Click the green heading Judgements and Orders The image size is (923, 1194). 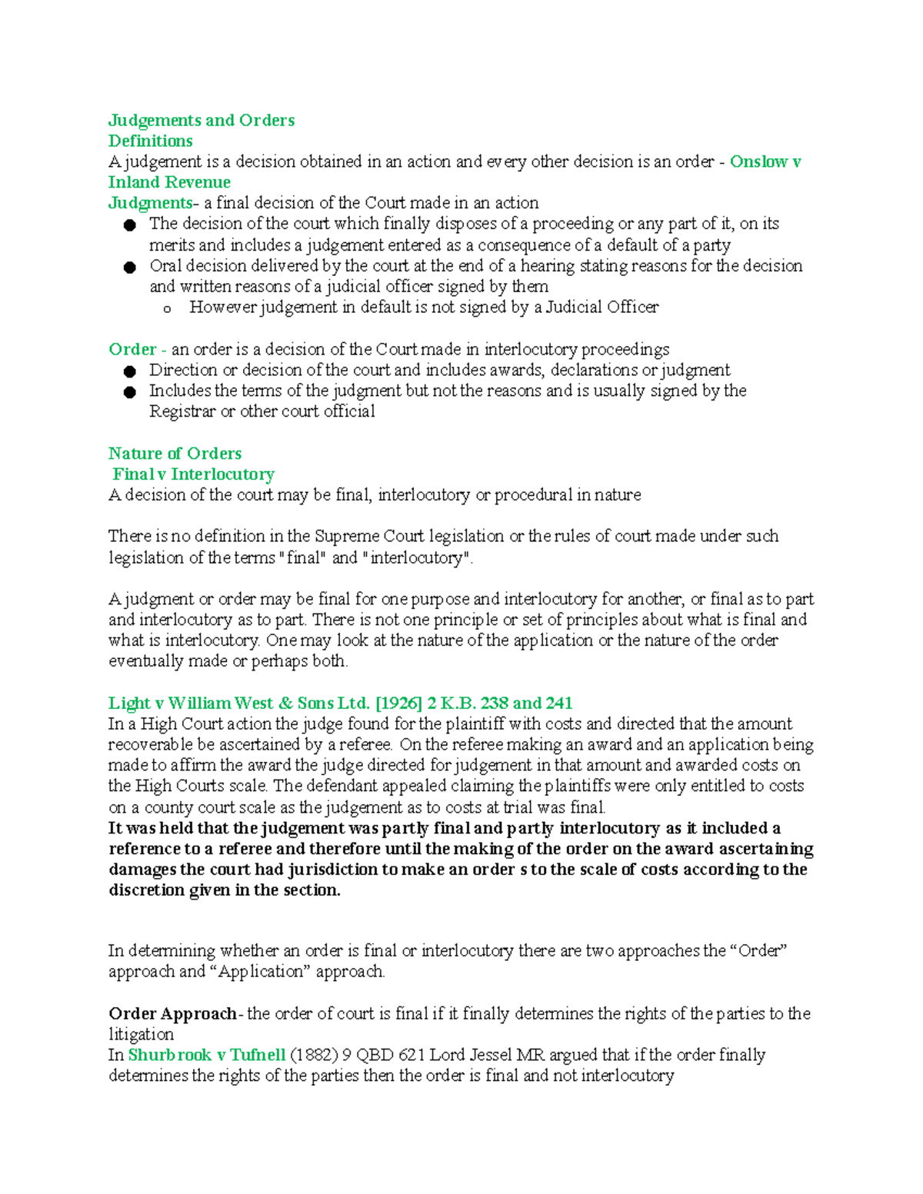pos(201,121)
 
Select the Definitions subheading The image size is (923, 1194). pos(150,141)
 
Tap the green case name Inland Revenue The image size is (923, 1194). pos(169,183)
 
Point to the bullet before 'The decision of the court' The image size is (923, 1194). pos(129,225)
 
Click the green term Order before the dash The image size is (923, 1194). pos(132,350)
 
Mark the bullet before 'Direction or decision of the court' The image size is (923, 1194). pos(129,371)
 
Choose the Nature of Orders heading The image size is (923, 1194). pos(175,454)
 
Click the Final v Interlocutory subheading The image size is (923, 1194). pos(193,474)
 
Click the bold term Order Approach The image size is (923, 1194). pos(172,1014)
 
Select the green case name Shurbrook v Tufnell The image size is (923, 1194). pos(207,1056)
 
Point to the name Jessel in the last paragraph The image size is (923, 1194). pos(485,1056)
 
